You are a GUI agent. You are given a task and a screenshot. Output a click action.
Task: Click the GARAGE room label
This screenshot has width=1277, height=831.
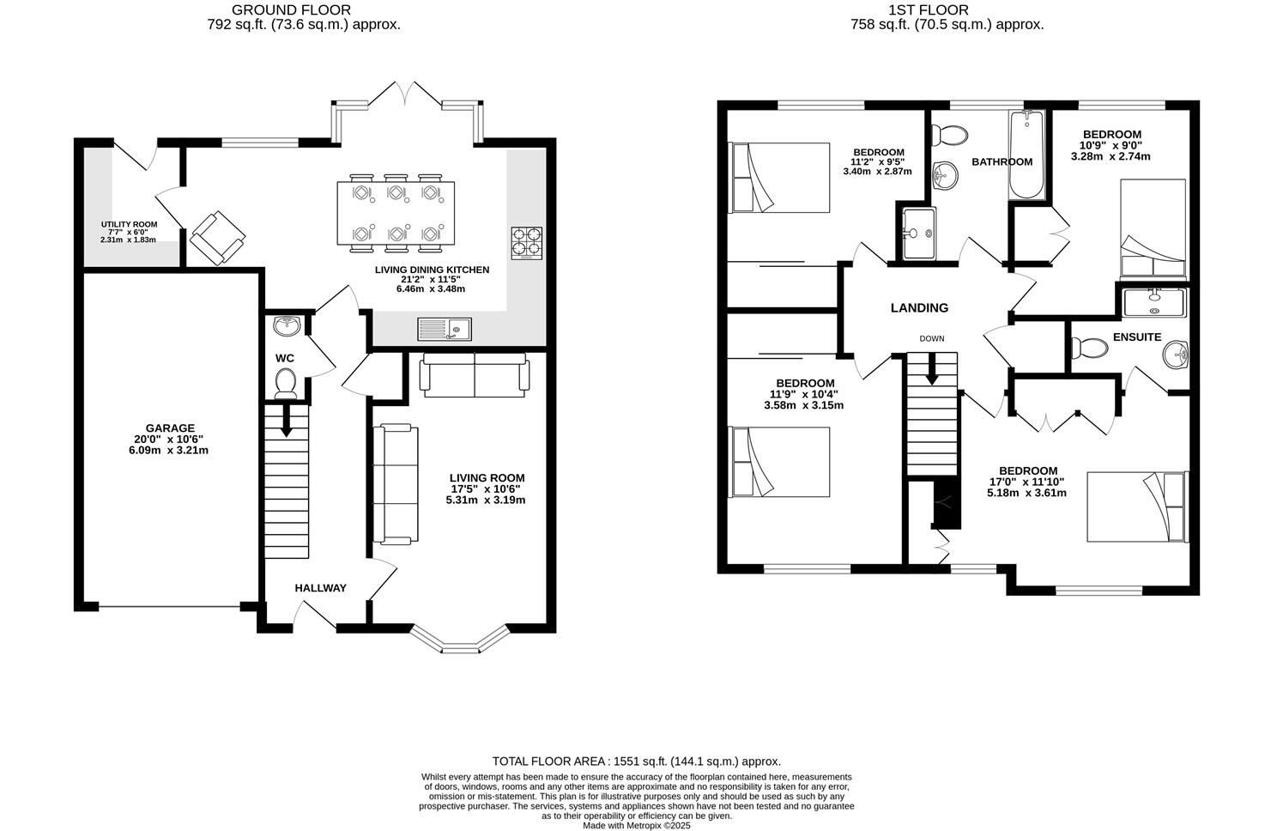(x=170, y=428)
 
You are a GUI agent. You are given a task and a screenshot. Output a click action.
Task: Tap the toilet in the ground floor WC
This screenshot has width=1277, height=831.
(x=285, y=382)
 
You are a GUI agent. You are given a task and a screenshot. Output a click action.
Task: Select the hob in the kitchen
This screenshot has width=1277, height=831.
(x=526, y=243)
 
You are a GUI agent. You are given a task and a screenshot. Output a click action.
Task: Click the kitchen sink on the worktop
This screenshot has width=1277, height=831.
(x=445, y=329)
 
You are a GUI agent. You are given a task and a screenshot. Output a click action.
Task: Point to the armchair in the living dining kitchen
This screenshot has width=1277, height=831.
(x=217, y=237)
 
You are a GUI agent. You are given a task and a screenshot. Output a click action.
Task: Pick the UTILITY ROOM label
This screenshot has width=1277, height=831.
(x=129, y=224)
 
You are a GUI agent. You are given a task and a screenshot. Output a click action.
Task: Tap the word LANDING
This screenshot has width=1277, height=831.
(x=919, y=308)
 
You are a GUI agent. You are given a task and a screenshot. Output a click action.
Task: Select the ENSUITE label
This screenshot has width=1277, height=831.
(x=1137, y=337)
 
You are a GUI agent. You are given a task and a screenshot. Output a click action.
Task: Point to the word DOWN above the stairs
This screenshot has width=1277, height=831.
(x=931, y=338)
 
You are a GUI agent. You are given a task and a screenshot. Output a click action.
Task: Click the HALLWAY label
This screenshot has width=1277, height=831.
(x=320, y=588)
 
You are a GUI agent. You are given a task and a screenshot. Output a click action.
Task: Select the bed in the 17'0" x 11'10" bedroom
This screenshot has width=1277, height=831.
(x=1137, y=506)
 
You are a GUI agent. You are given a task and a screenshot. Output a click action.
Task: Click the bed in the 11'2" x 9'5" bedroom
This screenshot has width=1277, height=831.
(x=779, y=178)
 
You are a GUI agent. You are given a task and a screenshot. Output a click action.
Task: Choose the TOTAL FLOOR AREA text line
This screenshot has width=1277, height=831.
(x=636, y=761)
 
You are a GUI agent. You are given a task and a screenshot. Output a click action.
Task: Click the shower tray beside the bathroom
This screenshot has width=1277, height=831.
(x=917, y=233)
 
